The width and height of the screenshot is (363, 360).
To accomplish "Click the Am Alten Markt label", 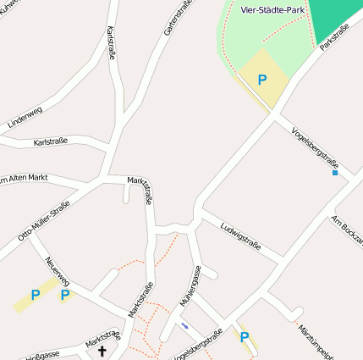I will [24, 178].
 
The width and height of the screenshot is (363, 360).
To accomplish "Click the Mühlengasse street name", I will [190, 285].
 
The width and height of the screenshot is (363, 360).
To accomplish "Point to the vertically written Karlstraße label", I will [112, 43].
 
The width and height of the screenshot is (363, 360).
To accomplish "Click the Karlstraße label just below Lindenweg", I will [51, 141].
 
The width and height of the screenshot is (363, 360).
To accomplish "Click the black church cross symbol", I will [103, 350].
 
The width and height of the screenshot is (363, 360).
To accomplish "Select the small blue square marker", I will [335, 173].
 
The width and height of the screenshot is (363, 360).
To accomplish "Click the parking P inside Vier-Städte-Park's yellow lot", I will [262, 80].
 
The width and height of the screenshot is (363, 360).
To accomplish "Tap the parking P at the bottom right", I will [245, 337].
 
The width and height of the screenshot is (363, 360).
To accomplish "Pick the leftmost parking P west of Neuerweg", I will [36, 295].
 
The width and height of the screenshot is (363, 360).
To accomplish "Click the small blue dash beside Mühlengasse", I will [185, 325].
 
